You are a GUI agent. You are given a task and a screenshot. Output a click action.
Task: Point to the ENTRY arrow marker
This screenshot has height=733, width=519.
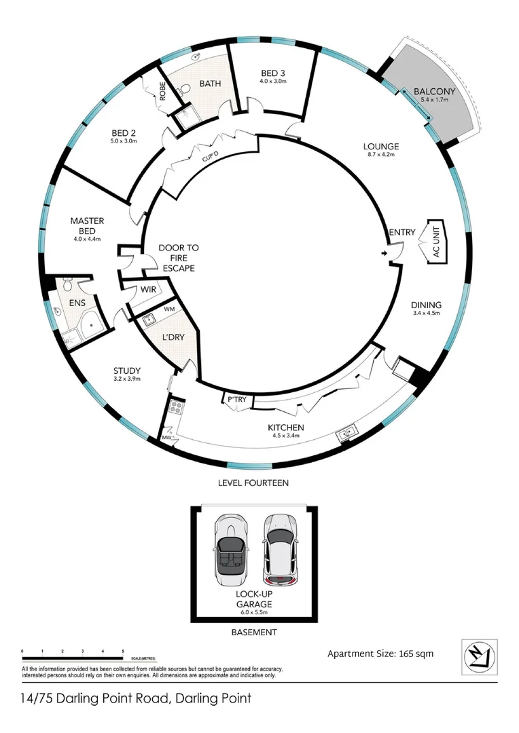point(385,254)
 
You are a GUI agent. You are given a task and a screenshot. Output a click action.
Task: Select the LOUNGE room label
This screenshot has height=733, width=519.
point(380,147)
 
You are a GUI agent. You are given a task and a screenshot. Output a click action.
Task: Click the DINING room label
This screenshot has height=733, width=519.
point(426,305)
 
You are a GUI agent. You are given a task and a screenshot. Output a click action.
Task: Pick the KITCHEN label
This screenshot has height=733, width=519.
point(285,427)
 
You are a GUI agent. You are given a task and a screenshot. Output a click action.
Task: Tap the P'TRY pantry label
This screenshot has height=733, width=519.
point(236,400)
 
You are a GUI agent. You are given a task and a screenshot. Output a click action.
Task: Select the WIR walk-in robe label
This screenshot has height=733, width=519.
point(149,290)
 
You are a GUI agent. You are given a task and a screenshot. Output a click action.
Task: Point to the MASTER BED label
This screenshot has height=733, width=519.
point(86,226)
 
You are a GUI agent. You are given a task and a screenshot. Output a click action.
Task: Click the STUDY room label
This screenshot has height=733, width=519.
point(127,370)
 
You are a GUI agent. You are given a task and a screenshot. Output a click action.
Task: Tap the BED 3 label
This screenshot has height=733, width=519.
point(273,72)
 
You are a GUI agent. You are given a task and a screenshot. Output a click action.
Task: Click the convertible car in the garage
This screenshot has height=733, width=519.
point(229,548)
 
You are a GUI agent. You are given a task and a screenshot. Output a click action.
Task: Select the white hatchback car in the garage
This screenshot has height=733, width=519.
point(279,548)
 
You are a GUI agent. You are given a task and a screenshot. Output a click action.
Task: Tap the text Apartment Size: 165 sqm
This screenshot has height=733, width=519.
point(380,654)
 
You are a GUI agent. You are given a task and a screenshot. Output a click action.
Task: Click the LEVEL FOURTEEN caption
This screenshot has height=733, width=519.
point(253,483)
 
